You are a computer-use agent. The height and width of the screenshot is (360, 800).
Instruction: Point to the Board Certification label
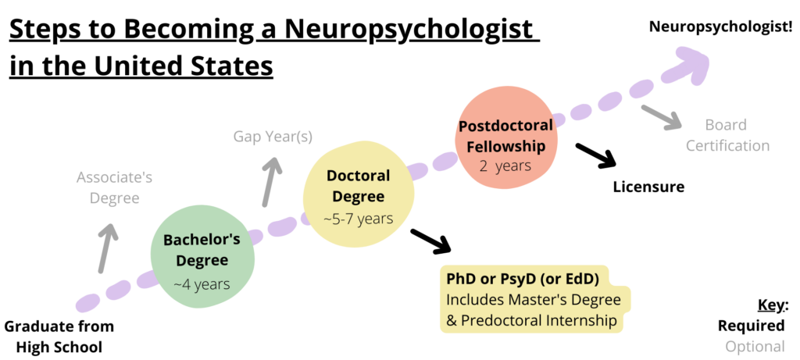[726, 135]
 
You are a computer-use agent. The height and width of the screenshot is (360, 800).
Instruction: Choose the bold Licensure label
[648, 187]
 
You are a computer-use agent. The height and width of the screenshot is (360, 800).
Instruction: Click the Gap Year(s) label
[273, 137]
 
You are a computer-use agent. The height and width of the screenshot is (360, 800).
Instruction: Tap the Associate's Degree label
[114, 187]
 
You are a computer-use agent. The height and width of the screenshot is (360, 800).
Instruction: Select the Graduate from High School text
[59, 336]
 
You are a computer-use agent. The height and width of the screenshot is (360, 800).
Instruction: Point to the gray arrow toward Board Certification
[661, 116]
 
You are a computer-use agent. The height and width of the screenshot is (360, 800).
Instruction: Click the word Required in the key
[752, 326]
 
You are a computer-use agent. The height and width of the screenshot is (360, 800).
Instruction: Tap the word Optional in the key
[755, 347]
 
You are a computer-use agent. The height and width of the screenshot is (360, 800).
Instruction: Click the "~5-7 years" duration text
[358, 218]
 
